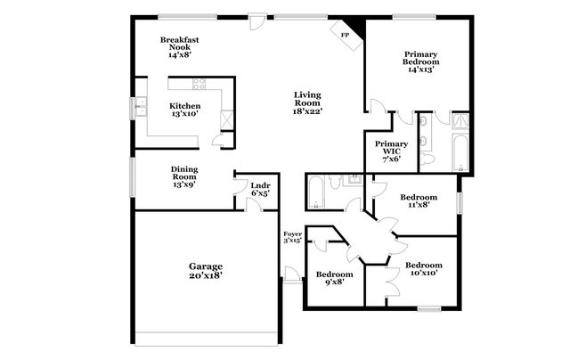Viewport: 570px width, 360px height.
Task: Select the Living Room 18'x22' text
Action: click(x=308, y=102)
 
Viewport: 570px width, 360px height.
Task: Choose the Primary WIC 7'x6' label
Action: click(x=391, y=150)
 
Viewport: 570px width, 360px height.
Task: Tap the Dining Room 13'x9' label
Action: click(x=185, y=176)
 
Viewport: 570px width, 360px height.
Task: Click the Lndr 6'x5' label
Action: click(x=260, y=189)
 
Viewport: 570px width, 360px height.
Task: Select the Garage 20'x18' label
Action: click(x=205, y=271)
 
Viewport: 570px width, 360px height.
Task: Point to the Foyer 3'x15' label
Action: click(x=293, y=236)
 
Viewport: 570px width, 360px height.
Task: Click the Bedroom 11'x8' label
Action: click(x=418, y=200)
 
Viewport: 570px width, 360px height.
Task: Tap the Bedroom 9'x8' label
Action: click(x=335, y=278)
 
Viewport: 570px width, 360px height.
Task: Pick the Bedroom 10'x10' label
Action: click(x=424, y=269)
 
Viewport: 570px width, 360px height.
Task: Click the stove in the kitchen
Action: click(x=199, y=86)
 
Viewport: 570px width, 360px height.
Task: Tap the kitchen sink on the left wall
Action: click(x=141, y=109)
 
